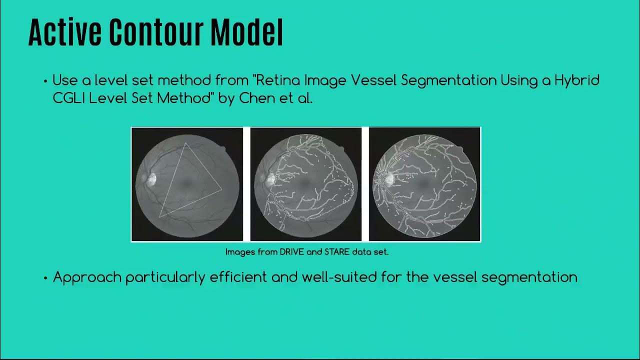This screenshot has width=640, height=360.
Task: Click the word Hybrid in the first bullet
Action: click(577, 80)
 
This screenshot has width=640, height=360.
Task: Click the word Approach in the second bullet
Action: click(87, 277)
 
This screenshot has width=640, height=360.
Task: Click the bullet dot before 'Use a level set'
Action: click(46, 80)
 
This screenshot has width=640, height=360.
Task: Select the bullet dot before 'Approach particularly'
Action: click(46, 278)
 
